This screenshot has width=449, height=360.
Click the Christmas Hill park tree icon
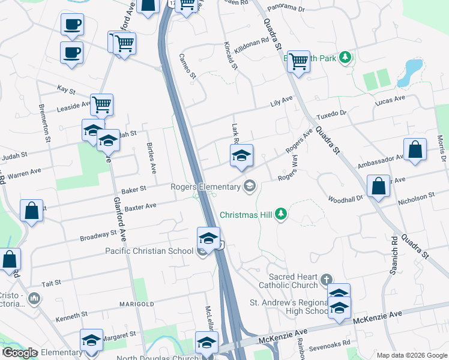coord(280,214)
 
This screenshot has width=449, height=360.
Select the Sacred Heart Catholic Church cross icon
coord(326,280)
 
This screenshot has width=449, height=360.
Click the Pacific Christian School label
coord(151,250)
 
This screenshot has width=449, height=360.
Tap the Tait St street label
coord(52,283)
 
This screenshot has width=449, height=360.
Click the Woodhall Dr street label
coord(346,199)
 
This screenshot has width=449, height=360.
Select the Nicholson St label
coord(417,196)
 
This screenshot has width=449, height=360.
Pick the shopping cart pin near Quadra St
coord(298,61)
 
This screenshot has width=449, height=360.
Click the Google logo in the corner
coord(20,353)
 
